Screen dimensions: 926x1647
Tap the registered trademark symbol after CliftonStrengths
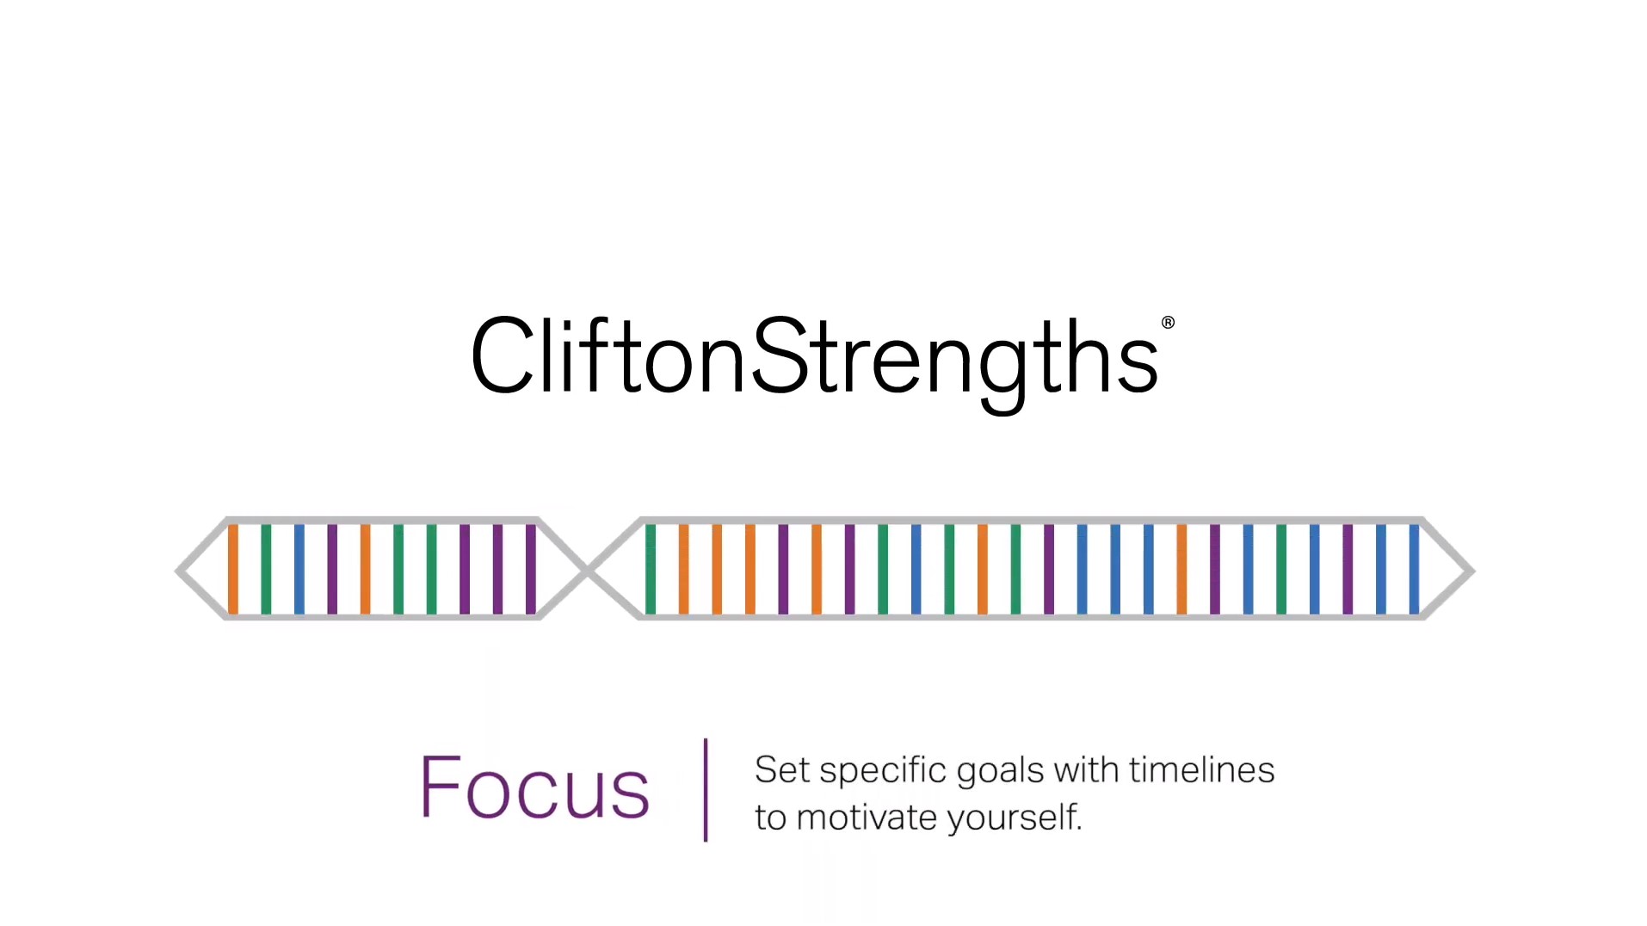(1167, 323)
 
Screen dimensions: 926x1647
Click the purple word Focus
(534, 787)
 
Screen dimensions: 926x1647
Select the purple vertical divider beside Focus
(706, 789)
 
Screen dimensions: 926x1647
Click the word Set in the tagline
(781, 770)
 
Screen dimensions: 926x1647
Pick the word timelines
(1201, 770)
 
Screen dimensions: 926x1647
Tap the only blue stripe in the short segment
(299, 569)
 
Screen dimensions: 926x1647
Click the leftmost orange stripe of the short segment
(232, 569)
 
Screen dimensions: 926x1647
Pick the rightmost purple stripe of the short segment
(531, 569)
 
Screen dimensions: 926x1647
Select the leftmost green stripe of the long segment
(651, 569)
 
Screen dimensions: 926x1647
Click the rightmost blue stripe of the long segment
(1414, 569)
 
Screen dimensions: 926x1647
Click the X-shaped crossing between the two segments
(589, 570)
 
